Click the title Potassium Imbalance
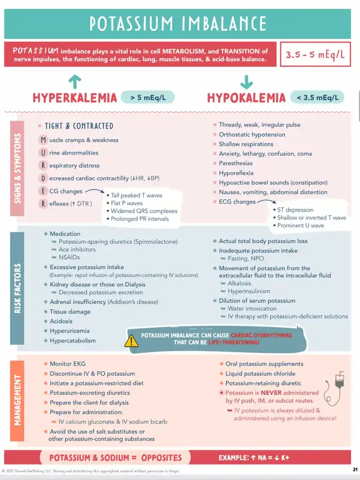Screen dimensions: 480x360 point(178,24)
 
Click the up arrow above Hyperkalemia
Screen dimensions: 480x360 point(74,82)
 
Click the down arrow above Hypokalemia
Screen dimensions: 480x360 point(246,82)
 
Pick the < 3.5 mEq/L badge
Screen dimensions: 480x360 point(318,97)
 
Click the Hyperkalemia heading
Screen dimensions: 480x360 point(75,98)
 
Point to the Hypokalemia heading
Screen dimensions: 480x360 point(246,98)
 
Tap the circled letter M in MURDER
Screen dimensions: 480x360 point(43,140)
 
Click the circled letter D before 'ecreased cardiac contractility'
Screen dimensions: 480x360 point(43,178)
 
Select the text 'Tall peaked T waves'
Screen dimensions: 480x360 point(137,195)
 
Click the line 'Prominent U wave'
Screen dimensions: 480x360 point(300,226)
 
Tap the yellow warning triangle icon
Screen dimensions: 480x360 point(131,340)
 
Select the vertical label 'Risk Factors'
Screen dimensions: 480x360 point(17,288)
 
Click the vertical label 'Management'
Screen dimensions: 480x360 point(17,400)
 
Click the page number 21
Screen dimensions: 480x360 point(354,469)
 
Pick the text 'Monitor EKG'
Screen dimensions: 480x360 point(67,364)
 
